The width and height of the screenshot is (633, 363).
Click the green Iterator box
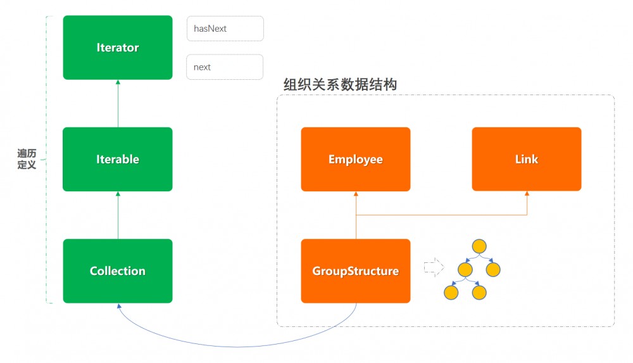[x=118, y=48]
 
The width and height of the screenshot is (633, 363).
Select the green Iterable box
[x=118, y=159]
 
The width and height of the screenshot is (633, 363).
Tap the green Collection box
[x=118, y=271]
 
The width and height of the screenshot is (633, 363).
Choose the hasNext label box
[x=225, y=29]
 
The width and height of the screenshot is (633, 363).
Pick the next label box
[x=225, y=67]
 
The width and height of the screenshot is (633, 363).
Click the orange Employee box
[x=356, y=159]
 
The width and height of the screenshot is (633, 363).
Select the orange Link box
[x=527, y=159]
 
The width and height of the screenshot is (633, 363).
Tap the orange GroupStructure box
[x=356, y=271]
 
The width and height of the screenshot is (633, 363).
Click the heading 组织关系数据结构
[x=340, y=84]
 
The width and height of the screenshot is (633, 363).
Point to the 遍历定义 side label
[x=27, y=159]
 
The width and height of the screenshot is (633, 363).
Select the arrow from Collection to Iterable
[x=118, y=215]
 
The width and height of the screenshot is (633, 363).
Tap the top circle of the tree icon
[x=479, y=246]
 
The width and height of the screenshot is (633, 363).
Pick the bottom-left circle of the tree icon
[x=451, y=293]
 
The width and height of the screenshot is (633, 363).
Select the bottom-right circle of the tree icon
[x=479, y=293]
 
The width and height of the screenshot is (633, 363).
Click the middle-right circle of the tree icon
[x=494, y=269]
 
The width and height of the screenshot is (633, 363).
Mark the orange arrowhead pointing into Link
[x=527, y=194]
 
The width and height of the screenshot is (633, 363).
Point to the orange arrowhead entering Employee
[x=356, y=194]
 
